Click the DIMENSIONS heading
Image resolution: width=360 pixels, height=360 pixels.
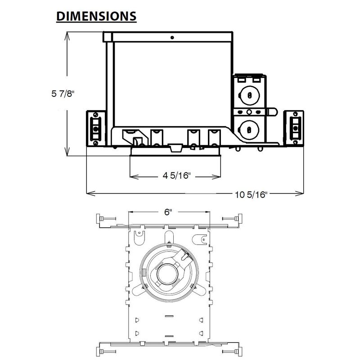[96, 16]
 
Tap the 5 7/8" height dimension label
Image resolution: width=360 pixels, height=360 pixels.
[63, 94]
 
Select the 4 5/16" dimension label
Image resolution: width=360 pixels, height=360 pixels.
[177, 175]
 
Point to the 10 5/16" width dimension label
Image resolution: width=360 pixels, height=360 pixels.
[251, 195]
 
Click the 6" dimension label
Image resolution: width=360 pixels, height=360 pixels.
[168, 212]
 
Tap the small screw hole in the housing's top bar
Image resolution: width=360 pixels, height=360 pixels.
[172, 37]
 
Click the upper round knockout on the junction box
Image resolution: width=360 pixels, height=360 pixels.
[249, 95]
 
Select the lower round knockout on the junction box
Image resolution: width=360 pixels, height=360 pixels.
[249, 130]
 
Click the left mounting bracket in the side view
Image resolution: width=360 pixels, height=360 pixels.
[96, 128]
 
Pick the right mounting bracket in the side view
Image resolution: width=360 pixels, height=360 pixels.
[294, 128]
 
